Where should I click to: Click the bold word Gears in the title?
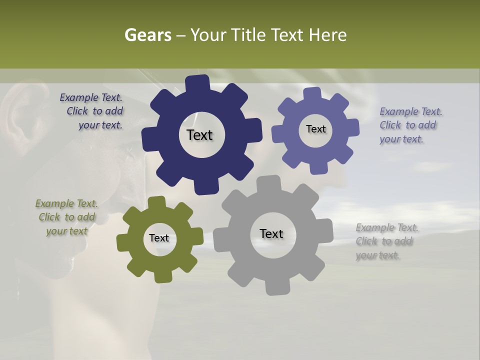point(147,35)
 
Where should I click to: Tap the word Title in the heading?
point(249,35)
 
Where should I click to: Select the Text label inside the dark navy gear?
point(199,135)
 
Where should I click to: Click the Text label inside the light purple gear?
point(315,129)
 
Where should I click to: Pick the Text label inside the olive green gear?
point(159,238)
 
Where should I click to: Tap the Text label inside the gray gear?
point(271,233)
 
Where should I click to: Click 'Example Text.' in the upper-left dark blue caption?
point(91,98)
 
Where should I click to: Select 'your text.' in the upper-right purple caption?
point(401,139)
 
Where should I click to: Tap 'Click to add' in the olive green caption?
point(67,217)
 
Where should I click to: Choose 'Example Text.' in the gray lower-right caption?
point(387,228)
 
